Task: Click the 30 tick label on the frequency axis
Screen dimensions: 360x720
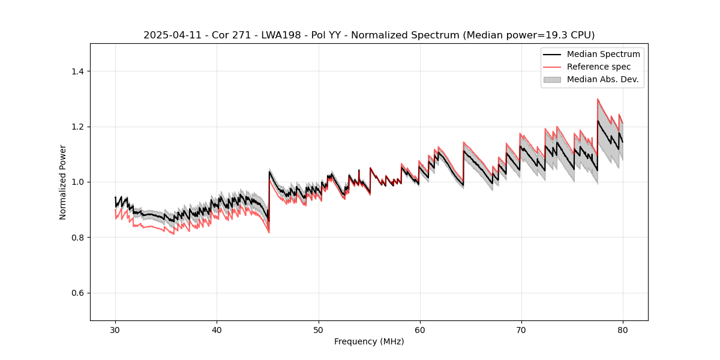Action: click(x=115, y=329)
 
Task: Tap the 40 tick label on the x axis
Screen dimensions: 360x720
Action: click(x=217, y=329)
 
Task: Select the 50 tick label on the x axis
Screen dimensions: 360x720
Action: click(x=318, y=329)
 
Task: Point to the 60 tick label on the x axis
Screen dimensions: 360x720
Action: click(x=420, y=329)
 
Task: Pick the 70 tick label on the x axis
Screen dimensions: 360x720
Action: click(x=521, y=329)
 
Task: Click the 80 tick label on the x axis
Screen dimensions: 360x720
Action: click(x=623, y=329)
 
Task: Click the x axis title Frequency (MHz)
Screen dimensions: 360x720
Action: click(x=369, y=341)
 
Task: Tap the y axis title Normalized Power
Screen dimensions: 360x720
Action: click(x=62, y=182)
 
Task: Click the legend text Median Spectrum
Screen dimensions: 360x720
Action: click(x=603, y=54)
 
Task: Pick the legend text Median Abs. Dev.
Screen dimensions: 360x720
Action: click(x=602, y=79)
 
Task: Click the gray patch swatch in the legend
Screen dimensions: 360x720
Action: click(x=552, y=79)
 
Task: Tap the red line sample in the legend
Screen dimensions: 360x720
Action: click(x=552, y=67)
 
